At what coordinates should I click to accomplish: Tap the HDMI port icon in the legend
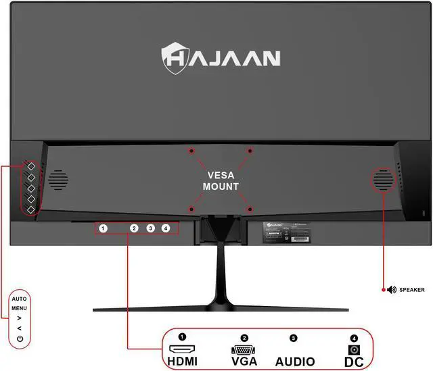click(181, 350)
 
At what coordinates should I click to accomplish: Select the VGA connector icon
click(244, 350)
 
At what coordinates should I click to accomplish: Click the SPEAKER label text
click(412, 290)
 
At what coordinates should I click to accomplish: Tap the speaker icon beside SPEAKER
click(391, 290)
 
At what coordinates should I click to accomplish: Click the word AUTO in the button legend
click(19, 298)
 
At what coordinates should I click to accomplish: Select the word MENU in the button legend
click(19, 307)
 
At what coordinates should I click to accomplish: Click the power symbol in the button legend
click(19, 337)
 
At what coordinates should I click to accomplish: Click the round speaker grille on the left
click(58, 179)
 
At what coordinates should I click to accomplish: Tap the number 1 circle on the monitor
click(103, 228)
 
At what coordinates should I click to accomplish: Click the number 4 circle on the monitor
click(166, 228)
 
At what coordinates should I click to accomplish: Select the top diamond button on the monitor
click(30, 166)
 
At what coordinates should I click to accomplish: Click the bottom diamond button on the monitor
click(30, 209)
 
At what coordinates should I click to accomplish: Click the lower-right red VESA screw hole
click(249, 208)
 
